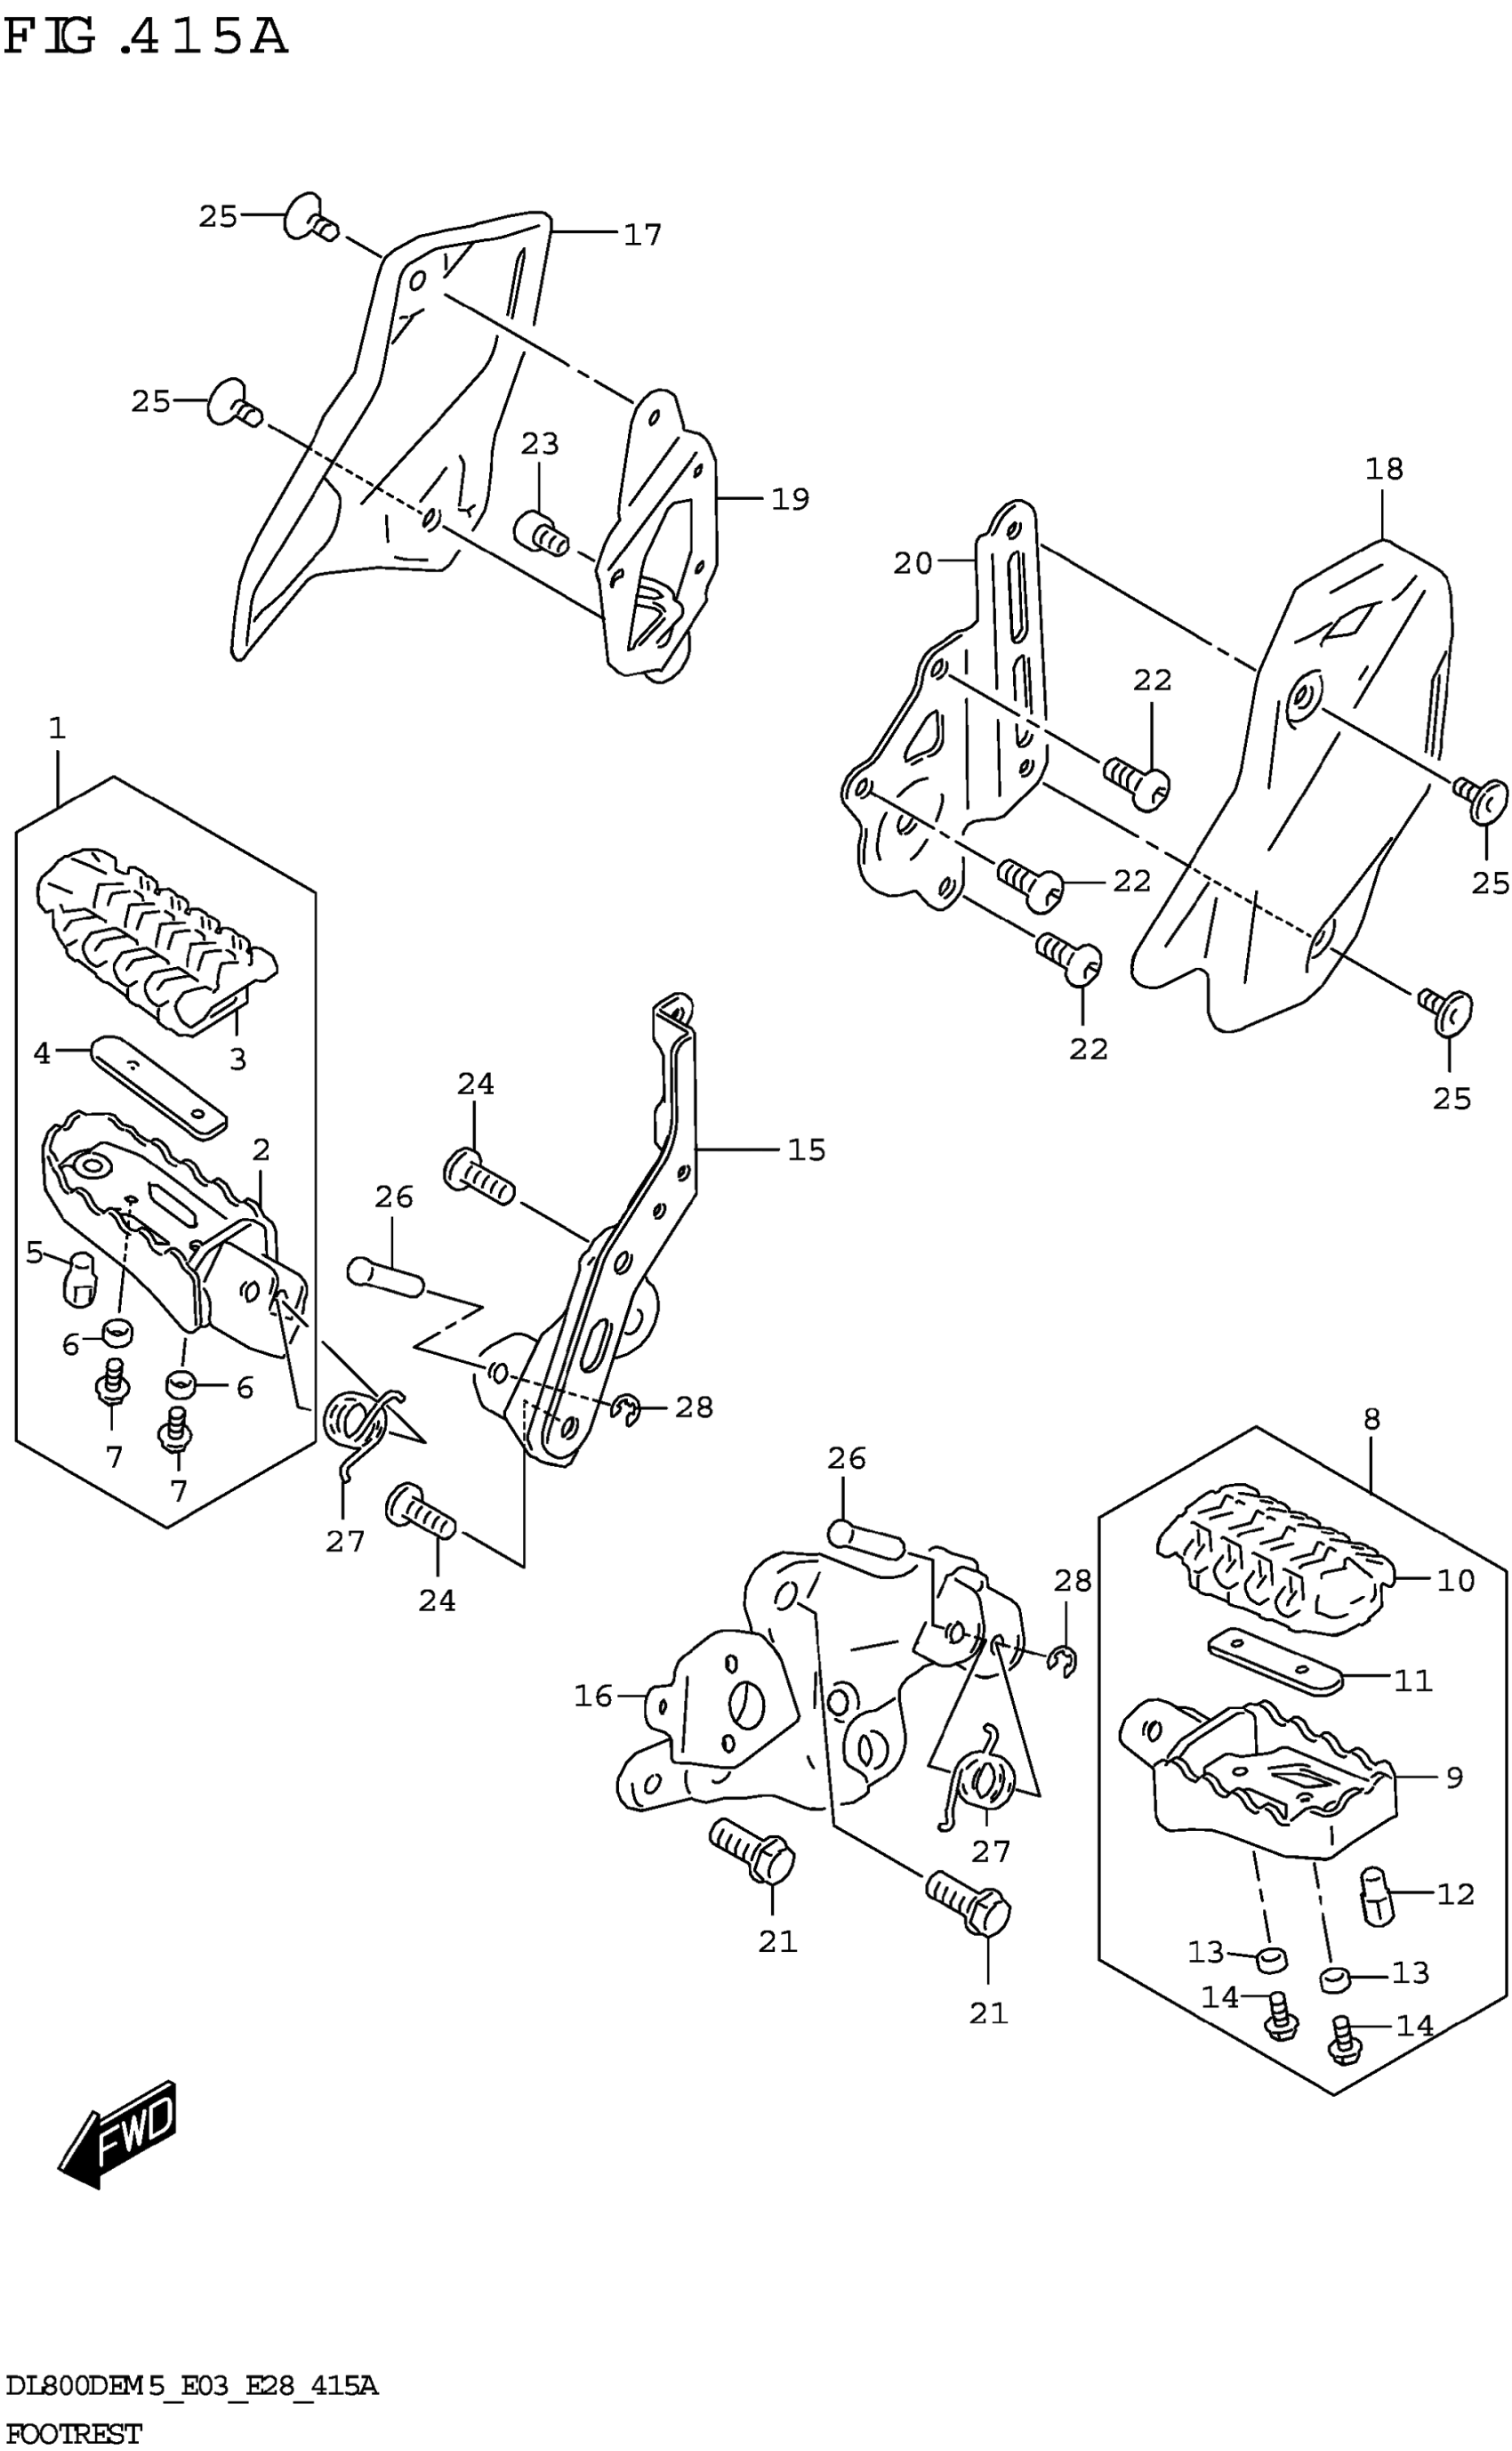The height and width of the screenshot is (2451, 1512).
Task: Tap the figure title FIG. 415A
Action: click(146, 38)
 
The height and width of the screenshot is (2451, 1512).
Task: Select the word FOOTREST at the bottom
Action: click(72, 2433)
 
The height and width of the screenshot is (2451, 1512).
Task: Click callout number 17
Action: click(642, 235)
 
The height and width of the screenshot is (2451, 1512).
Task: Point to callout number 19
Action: click(789, 499)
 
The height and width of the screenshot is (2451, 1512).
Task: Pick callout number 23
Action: click(540, 443)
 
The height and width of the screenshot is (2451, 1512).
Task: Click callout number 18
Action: click(1384, 468)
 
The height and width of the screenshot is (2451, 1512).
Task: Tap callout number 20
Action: click(912, 564)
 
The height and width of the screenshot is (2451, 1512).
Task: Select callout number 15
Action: click(806, 1150)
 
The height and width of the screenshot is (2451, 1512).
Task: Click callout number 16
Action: click(593, 1695)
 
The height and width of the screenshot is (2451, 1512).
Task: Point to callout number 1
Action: click(57, 728)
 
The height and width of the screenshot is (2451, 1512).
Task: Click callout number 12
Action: click(1455, 1894)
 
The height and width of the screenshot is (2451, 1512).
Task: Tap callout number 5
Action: click(35, 1252)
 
